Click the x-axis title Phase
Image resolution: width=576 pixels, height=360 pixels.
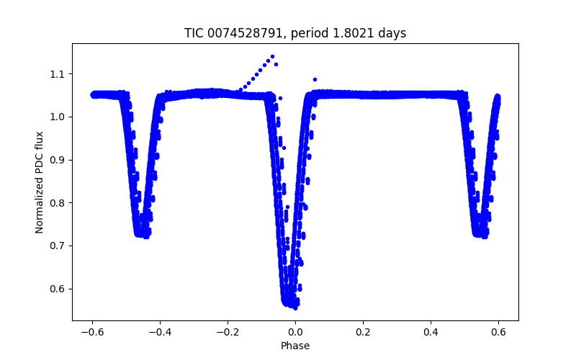pos(295,346)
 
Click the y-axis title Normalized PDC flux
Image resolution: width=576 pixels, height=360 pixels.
pos(40,181)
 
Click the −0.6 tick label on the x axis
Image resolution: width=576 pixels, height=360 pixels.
pos(92,332)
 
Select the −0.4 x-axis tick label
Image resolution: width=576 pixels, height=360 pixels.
pos(160,332)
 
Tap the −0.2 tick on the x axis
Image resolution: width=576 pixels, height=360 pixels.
pos(228,332)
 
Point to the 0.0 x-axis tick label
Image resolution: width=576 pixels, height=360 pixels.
pos(295,332)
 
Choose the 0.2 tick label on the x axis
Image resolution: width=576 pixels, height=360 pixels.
pos(363,332)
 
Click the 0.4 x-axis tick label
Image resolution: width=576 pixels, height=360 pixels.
pos(431,332)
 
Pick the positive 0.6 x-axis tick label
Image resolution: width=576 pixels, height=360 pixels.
pos(498,332)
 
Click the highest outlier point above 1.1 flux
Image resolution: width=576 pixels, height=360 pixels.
pos(272,56)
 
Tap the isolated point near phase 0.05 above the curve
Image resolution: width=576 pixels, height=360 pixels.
pos(315,79)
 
